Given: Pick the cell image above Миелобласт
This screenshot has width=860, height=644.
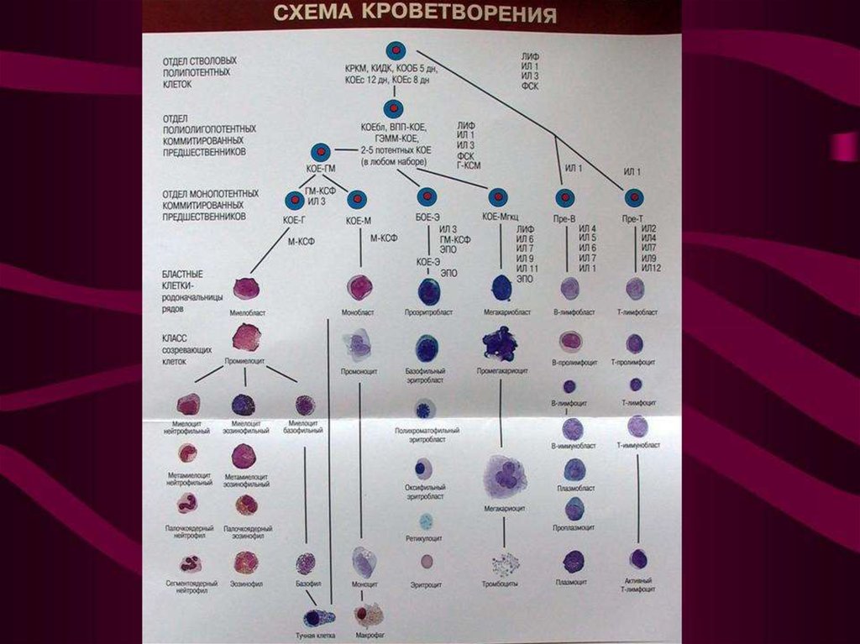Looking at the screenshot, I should tap(246, 288).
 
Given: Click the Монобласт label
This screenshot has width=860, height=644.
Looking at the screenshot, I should tap(360, 312).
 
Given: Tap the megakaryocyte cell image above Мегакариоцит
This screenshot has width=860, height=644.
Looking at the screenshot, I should tap(505, 477).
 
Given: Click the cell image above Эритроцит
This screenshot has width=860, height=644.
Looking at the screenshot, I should tap(427, 561).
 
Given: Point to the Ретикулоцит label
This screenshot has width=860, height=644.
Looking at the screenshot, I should tap(425, 541).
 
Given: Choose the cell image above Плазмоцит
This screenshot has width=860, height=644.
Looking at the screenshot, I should tap(574, 561).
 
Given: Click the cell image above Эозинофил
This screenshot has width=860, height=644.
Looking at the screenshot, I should tap(245, 561).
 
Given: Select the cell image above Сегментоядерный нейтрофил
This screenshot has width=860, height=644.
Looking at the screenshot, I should tap(189, 563).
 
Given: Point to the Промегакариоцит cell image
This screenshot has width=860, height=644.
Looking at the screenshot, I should tap(499, 344).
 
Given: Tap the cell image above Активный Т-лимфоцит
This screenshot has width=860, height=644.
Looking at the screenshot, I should tap(638, 559).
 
